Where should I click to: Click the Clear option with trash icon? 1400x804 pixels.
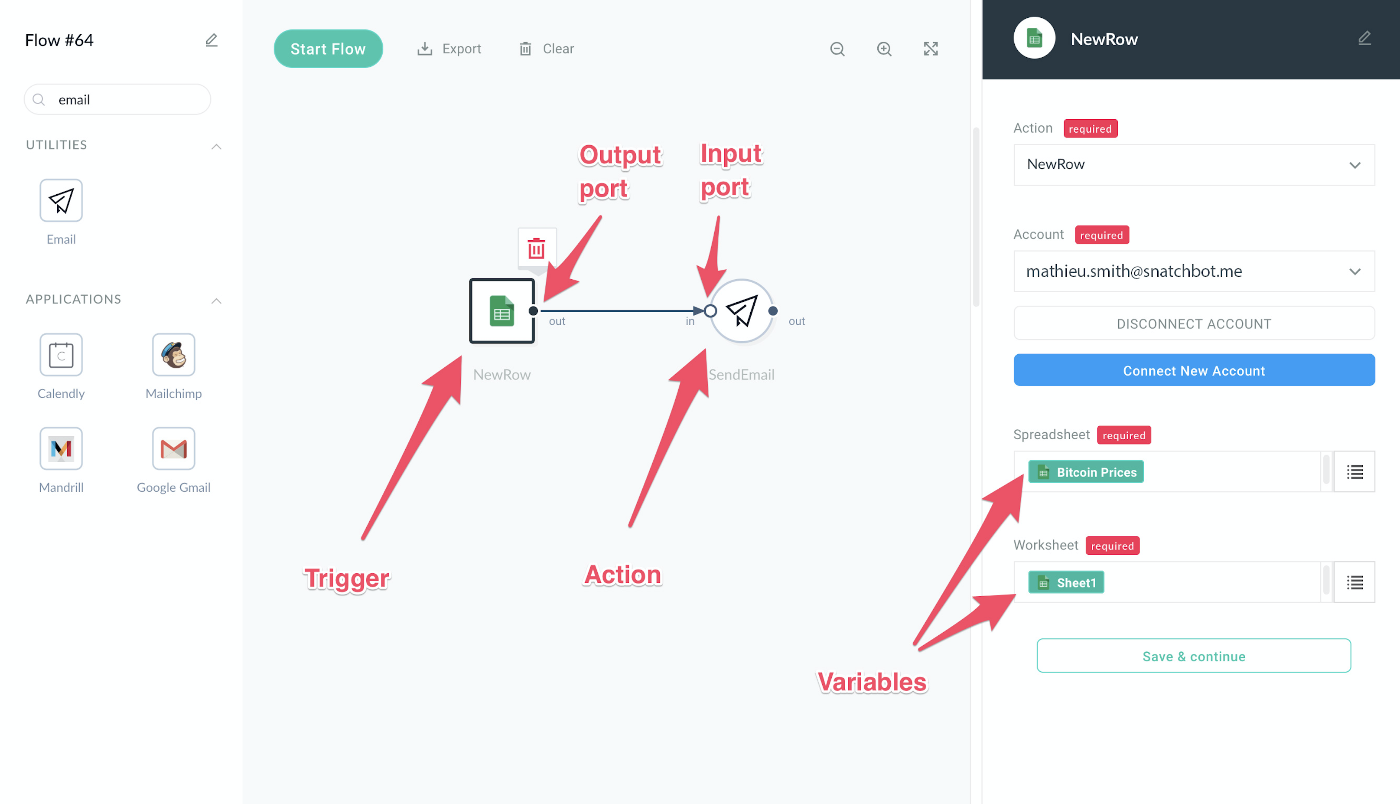[x=546, y=49]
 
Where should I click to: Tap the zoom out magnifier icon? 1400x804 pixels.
[x=837, y=49]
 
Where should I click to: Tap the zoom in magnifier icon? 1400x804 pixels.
[x=884, y=49]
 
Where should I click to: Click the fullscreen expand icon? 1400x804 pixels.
[x=931, y=49]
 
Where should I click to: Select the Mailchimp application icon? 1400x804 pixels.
[x=173, y=354]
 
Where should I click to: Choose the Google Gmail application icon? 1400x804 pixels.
[x=173, y=448]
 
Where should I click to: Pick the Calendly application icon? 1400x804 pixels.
[x=61, y=354]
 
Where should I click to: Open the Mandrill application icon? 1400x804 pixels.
[x=61, y=448]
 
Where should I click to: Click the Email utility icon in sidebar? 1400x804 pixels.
[x=61, y=200]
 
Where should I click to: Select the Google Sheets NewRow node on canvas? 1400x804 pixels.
[x=501, y=311]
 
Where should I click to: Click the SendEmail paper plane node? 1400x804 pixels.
[x=741, y=311]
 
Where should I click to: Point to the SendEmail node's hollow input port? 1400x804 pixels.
[x=711, y=311]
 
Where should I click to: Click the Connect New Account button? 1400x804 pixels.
[x=1194, y=370]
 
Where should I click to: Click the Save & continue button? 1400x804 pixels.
[x=1194, y=656]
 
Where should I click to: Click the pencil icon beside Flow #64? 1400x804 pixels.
[x=212, y=40]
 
